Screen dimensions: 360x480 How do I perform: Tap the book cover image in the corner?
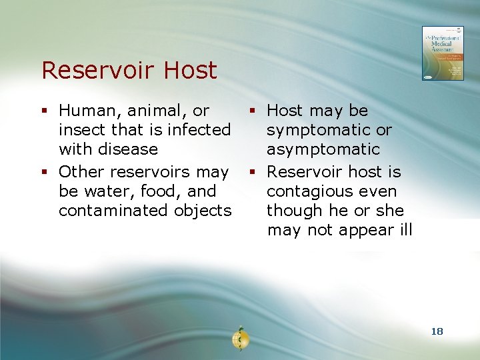coord(442,53)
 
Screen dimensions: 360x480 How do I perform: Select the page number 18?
coord(437,331)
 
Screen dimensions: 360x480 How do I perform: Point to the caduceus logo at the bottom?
coord(238,339)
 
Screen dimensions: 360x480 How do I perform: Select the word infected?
coord(197,130)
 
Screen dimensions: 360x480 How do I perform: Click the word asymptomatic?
coord(323,149)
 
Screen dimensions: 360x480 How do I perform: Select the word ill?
coord(405,230)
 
